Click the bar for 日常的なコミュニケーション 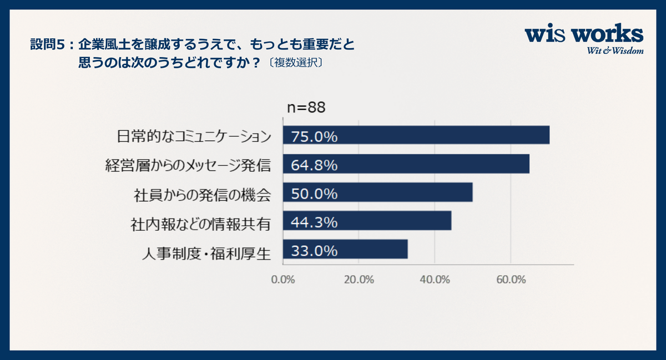[416, 135]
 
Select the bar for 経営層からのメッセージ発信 [406, 164]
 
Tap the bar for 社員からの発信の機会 [377, 192]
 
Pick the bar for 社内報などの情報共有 [367, 221]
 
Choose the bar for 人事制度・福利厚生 [345, 250]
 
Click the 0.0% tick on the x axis [283, 279]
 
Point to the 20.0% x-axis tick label [359, 279]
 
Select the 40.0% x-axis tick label [435, 279]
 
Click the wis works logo [584, 35]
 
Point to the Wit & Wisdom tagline [614, 51]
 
